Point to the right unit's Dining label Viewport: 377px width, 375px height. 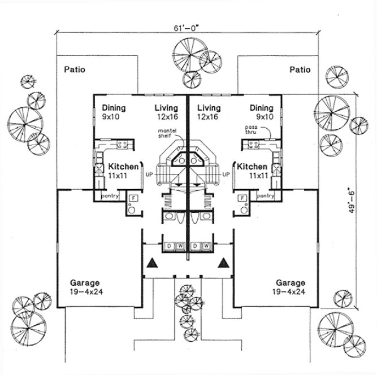point(261,108)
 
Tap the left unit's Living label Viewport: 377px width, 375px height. point(166,108)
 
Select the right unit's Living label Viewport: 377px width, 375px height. point(209,108)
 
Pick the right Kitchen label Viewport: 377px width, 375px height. point(252,167)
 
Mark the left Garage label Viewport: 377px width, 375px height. point(85,282)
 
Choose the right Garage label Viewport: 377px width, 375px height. point(291,282)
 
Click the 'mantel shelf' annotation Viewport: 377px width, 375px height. point(169,135)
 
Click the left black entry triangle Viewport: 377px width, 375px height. point(151,263)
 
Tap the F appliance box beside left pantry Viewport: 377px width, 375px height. point(133,198)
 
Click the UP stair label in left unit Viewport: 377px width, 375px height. point(149,175)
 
